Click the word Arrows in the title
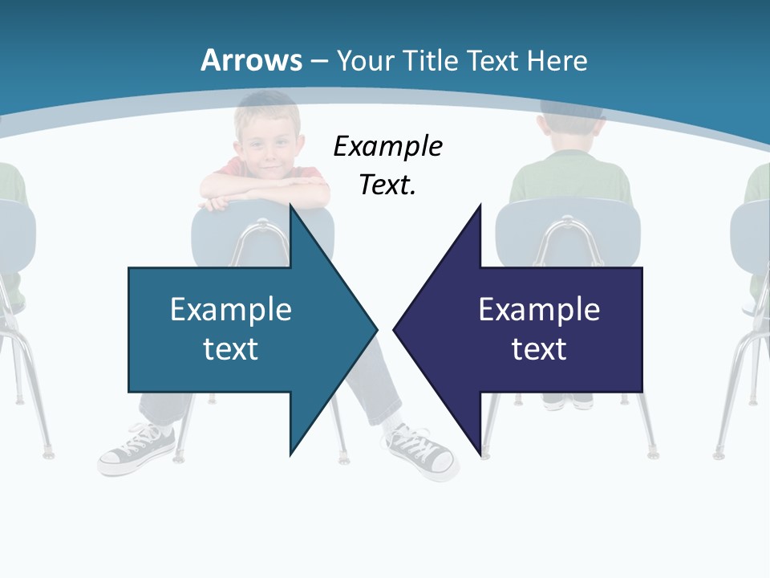click(252, 60)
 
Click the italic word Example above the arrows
click(387, 147)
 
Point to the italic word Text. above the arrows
click(387, 185)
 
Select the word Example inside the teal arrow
click(231, 309)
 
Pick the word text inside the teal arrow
click(231, 349)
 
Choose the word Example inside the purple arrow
click(539, 309)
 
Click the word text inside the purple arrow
click(539, 349)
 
